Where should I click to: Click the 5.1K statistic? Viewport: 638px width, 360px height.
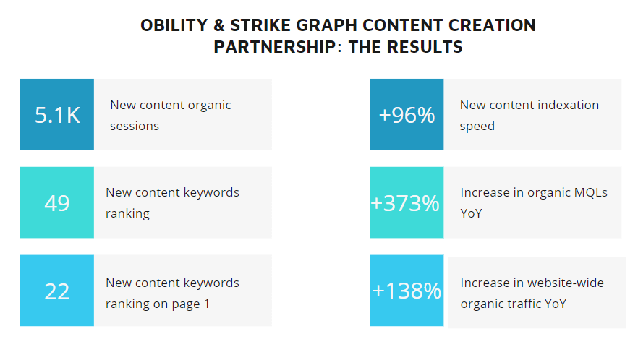pyautogui.click(x=57, y=115)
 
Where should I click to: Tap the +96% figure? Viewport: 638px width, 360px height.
pyautogui.click(x=407, y=115)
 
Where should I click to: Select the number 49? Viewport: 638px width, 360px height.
pyautogui.click(x=57, y=203)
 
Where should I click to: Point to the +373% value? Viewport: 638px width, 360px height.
pyautogui.click(x=405, y=203)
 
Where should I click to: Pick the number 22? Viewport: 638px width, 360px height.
pyautogui.click(x=57, y=291)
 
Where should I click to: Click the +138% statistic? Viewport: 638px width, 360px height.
pyautogui.click(x=407, y=291)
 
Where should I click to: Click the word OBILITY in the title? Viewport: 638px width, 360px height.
pyautogui.click(x=174, y=25)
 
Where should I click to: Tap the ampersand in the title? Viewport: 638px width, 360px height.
pyautogui.click(x=219, y=25)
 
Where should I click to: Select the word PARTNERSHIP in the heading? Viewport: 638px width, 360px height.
pyautogui.click(x=275, y=47)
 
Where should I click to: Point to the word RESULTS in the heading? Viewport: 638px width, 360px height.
pyautogui.click(x=425, y=47)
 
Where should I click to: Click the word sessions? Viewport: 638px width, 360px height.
pyautogui.click(x=135, y=126)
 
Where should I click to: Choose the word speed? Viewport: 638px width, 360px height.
pyautogui.click(x=477, y=127)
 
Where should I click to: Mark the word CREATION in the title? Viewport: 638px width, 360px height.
pyautogui.click(x=492, y=25)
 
